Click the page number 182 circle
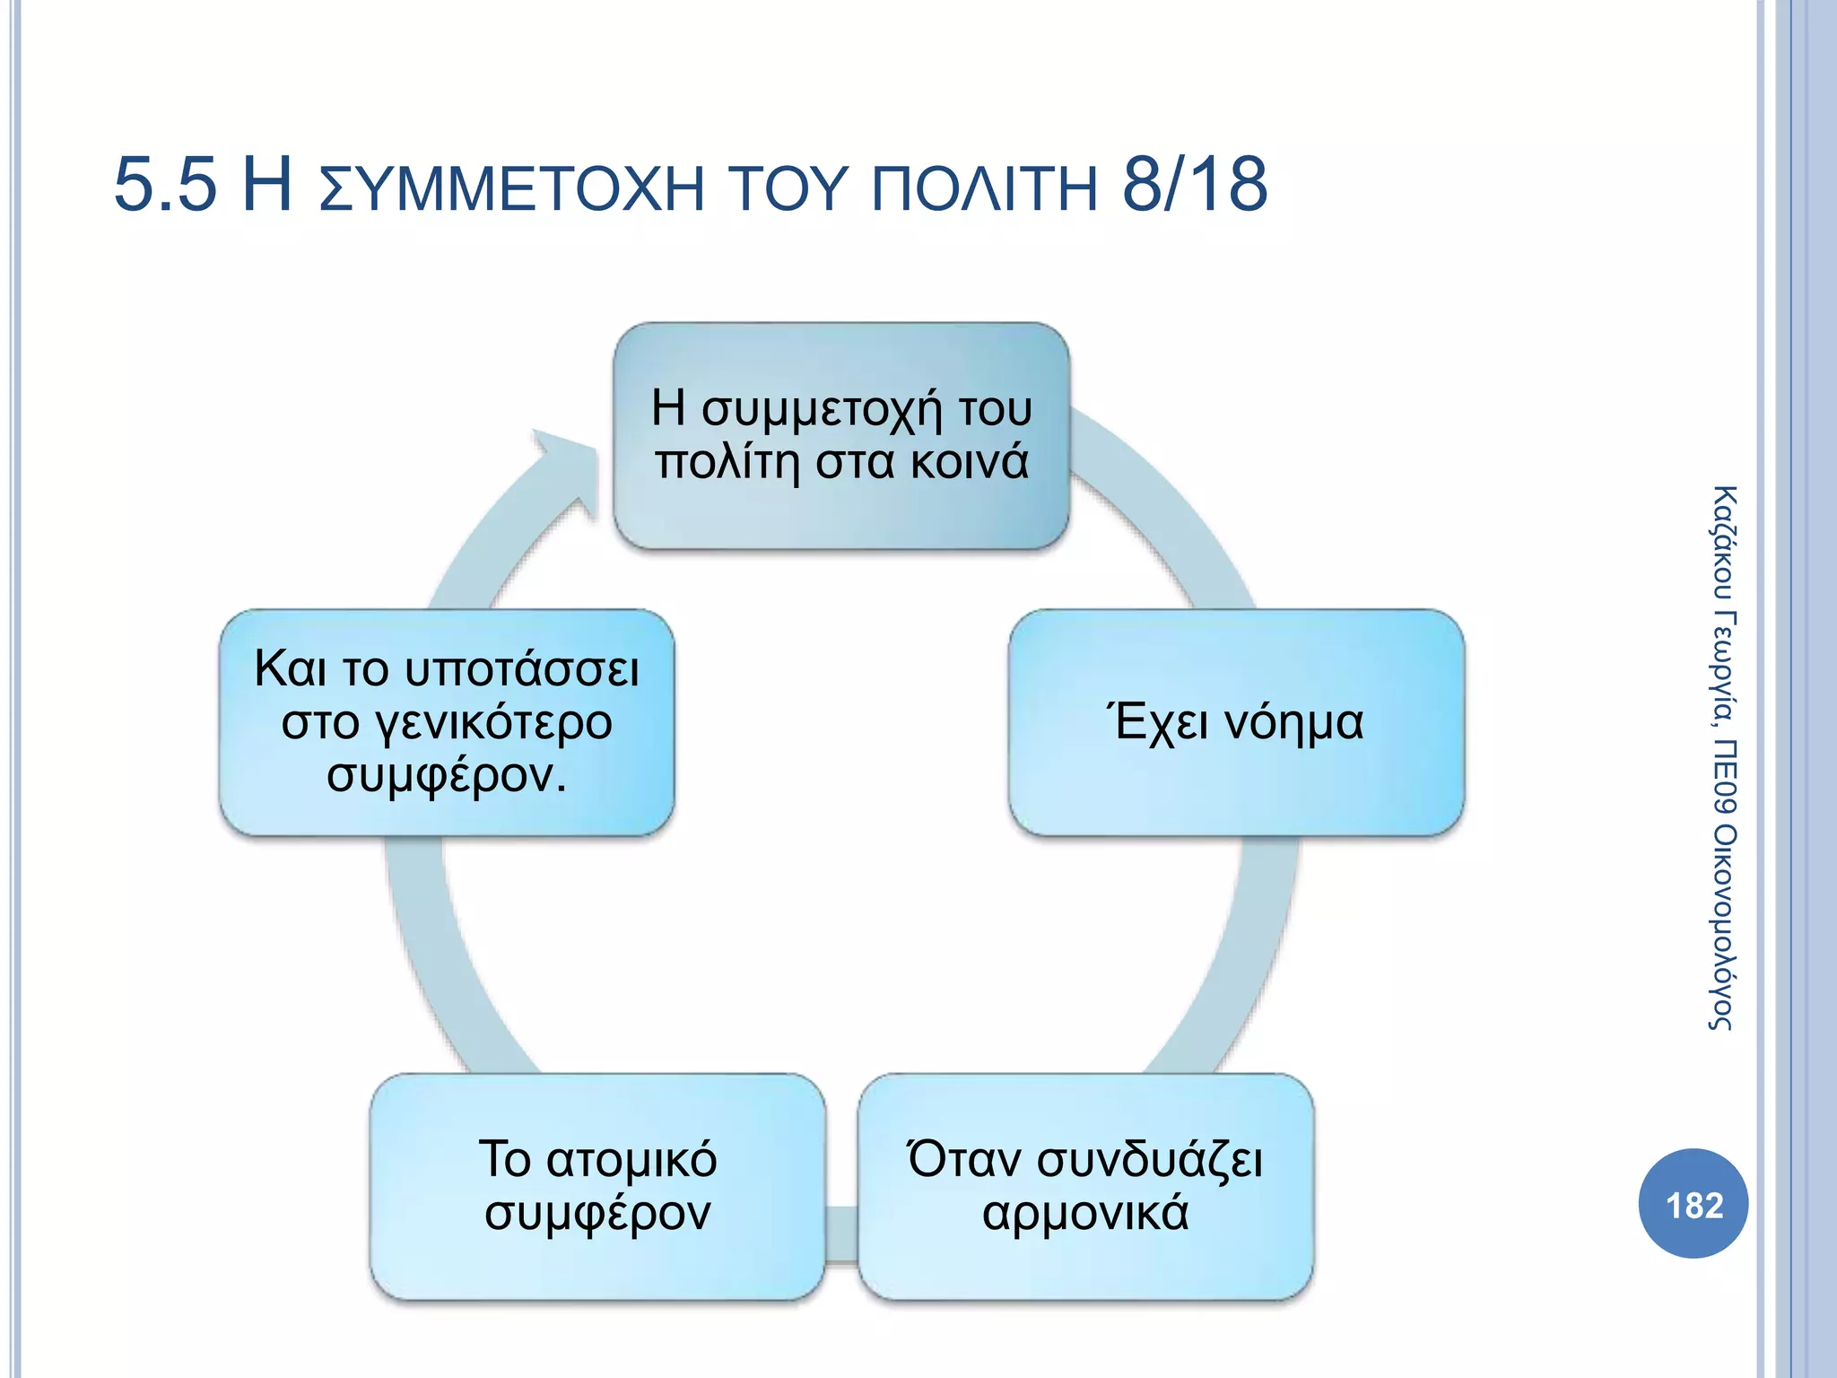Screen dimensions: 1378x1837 pyautogui.click(x=1693, y=1204)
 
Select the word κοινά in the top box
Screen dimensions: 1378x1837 pyautogui.click(x=969, y=463)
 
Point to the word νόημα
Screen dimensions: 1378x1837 pyautogui.click(x=1293, y=722)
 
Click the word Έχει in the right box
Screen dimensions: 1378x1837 pyautogui.click(x=1157, y=722)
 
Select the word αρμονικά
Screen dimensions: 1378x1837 pyautogui.click(x=1085, y=1214)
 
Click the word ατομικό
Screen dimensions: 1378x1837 pyautogui.click(x=631, y=1159)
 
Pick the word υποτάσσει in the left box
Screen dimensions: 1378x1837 pyautogui.click(x=522, y=669)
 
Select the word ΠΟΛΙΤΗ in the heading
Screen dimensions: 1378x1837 pyautogui.click(x=985, y=188)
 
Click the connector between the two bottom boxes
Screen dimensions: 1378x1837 pyautogui.click(x=841, y=1234)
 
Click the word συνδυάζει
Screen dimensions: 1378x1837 pyautogui.click(x=1150, y=1159)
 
